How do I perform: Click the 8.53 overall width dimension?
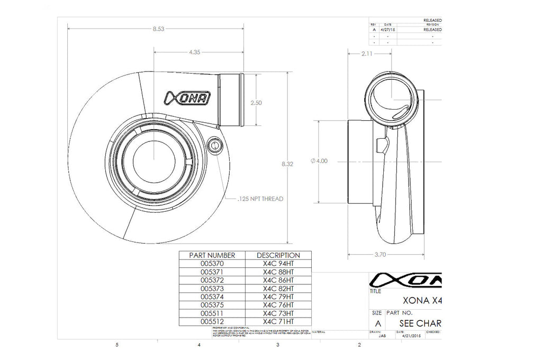point(158,29)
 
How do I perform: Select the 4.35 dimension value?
point(194,52)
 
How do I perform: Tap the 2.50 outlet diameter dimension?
point(256,103)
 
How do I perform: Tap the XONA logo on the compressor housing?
point(188,97)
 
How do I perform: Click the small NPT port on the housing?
point(214,146)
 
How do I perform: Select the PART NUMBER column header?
point(211,255)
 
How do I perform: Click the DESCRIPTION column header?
point(278,255)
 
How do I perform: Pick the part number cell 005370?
point(211,263)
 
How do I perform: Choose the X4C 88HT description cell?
point(278,271)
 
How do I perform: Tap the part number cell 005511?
point(211,313)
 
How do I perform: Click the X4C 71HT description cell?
point(278,321)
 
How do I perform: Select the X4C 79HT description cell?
point(278,296)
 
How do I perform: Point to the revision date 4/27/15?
point(388,30)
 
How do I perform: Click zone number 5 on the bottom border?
point(116,345)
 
